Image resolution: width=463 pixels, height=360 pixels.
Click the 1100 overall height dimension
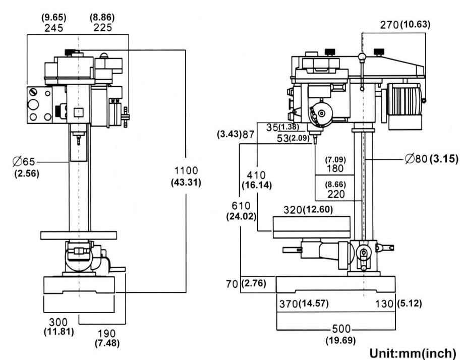click(x=186, y=170)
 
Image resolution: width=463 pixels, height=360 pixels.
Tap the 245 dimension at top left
click(x=54, y=28)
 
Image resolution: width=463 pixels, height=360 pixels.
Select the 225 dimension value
click(x=103, y=27)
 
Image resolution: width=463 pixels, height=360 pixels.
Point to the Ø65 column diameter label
click(x=24, y=162)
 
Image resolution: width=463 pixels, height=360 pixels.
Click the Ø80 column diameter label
click(x=416, y=159)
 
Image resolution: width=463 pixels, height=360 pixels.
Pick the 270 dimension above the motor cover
click(x=389, y=25)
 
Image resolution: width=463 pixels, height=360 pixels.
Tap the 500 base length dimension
click(x=341, y=329)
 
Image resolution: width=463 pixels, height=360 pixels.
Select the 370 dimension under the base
click(x=289, y=304)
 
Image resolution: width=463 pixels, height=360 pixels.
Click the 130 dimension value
click(x=384, y=304)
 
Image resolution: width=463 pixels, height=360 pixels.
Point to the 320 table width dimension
click(x=293, y=210)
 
